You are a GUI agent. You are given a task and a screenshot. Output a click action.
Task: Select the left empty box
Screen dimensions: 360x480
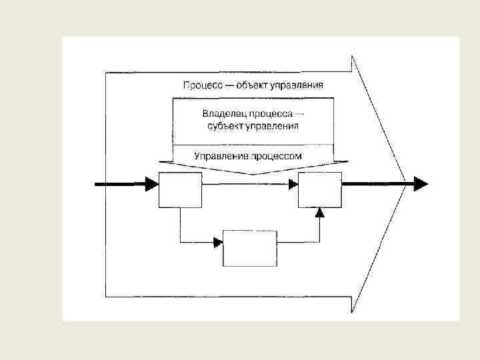point(180,189)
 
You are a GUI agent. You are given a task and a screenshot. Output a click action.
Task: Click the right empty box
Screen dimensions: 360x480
point(319,189)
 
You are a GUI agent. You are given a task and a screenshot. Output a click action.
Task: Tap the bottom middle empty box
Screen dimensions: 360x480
point(249,248)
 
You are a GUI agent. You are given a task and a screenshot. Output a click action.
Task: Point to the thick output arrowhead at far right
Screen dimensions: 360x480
point(421,183)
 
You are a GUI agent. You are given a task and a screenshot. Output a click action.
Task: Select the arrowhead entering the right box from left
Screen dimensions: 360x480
point(293,185)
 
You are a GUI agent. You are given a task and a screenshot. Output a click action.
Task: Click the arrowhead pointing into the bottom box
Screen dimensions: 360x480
point(218,243)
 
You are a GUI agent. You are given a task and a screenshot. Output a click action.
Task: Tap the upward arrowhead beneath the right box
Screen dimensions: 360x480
point(320,213)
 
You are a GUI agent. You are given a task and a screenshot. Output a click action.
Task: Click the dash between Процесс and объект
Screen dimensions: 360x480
point(226,85)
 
